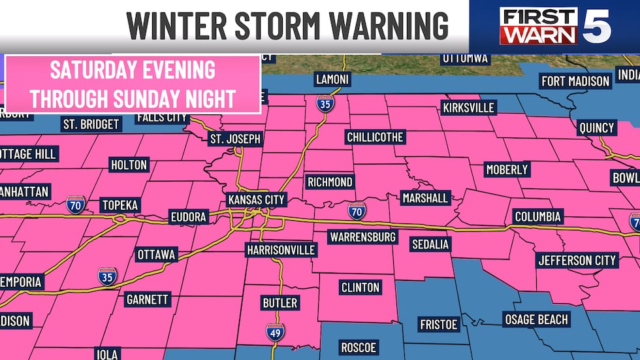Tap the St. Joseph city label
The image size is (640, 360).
click(x=235, y=139)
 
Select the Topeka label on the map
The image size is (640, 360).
click(x=120, y=205)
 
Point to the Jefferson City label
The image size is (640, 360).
click(x=577, y=260)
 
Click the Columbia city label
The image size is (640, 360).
click(x=537, y=216)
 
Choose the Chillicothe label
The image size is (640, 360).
click(x=376, y=137)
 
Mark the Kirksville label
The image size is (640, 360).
click(x=468, y=106)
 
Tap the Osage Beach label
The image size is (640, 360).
click(x=536, y=319)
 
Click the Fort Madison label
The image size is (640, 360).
click(x=575, y=81)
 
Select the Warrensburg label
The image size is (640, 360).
click(x=362, y=237)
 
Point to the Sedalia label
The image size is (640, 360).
click(x=430, y=244)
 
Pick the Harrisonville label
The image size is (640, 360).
click(x=281, y=250)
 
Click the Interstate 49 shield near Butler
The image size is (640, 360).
click(x=276, y=331)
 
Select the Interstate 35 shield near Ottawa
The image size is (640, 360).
click(x=108, y=276)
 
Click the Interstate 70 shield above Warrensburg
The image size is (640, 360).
click(x=357, y=210)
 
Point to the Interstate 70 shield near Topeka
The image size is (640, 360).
click(x=74, y=203)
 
